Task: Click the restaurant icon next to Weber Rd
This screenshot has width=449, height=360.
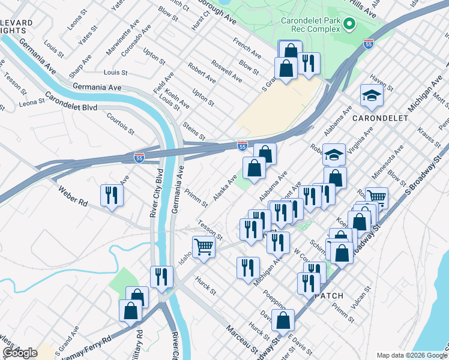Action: tap(112, 195)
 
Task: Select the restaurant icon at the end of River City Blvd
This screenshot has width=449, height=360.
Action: tap(161, 277)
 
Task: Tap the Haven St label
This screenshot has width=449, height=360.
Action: tap(381, 85)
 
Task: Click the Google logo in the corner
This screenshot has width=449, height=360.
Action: tap(20, 353)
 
